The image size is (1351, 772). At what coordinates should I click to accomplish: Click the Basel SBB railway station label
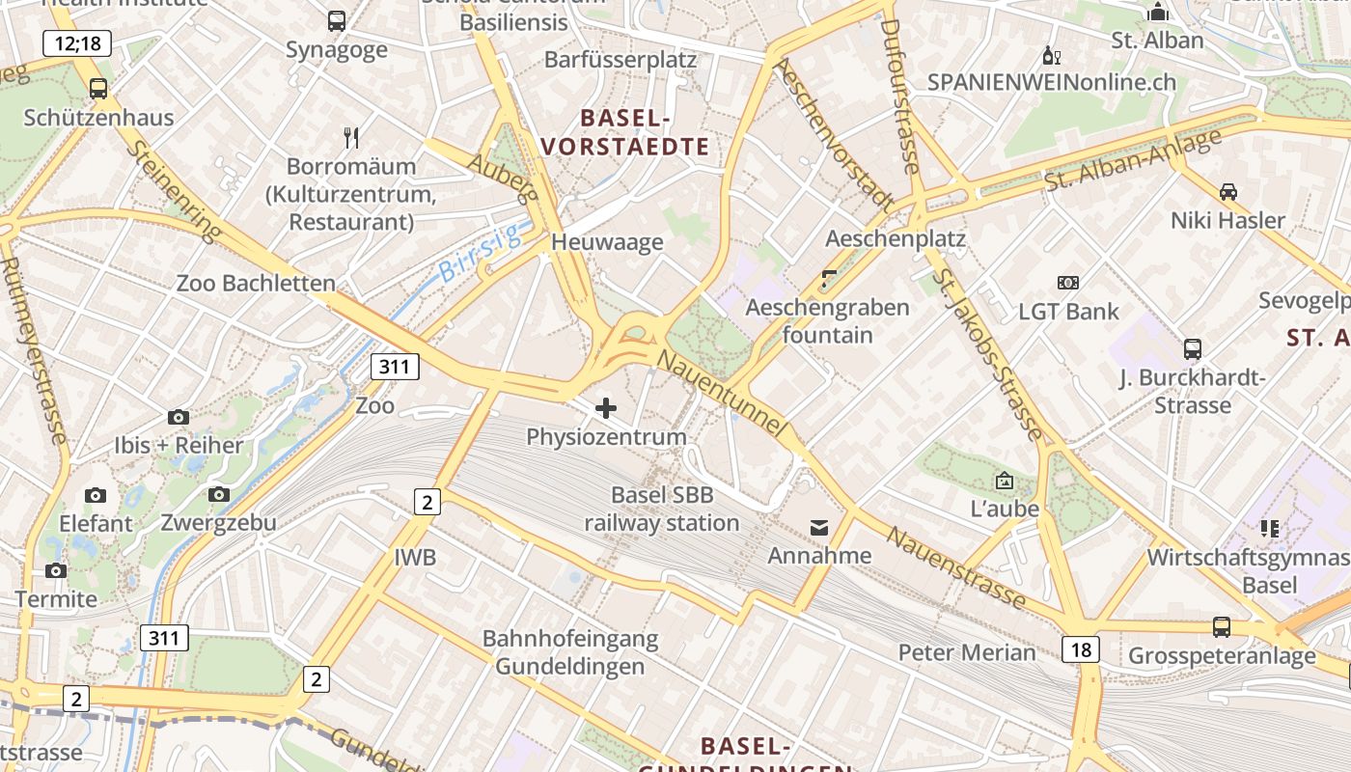coord(662,510)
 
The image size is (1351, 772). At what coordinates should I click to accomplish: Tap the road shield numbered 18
coord(1081,649)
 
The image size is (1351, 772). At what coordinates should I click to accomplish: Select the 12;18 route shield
coord(77,42)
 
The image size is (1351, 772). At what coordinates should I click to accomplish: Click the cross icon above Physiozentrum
coord(606,408)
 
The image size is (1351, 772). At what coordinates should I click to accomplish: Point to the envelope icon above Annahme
coord(819,527)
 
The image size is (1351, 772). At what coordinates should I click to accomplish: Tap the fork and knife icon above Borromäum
coord(351,138)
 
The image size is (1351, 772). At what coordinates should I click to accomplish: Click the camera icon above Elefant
coord(96,496)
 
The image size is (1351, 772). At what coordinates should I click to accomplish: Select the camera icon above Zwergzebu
coord(219,495)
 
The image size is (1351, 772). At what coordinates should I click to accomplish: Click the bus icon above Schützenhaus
coord(98,89)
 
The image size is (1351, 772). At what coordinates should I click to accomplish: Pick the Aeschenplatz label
coord(896,238)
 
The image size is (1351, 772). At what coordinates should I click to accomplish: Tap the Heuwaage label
coord(607,241)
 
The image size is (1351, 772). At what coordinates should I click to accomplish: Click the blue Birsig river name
coord(479,252)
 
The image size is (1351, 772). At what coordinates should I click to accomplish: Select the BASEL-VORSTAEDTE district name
coord(625,133)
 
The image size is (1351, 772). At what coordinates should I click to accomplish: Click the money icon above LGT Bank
coord(1068,283)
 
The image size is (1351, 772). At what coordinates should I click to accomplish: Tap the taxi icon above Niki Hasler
coord(1227,192)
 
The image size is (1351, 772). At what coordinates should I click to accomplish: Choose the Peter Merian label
coord(967,652)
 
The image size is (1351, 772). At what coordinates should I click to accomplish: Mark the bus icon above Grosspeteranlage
coord(1222,627)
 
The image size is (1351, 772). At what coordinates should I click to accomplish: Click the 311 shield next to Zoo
coord(395,367)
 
